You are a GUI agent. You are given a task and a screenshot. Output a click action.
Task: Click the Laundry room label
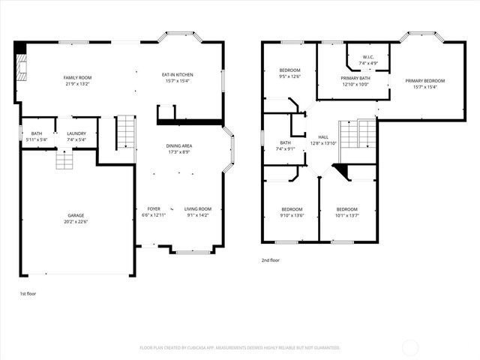[x=76, y=133]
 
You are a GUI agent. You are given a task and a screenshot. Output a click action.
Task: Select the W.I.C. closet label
[x=368, y=57]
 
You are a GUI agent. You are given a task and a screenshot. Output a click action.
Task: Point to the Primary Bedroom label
[x=424, y=81]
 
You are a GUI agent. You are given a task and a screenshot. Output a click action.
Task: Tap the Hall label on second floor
[x=323, y=137]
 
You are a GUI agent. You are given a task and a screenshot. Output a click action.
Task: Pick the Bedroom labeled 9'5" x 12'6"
[x=289, y=70]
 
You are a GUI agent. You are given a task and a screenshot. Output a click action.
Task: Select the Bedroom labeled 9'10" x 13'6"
[x=292, y=209]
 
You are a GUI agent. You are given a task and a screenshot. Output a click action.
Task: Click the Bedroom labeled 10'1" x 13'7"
[x=346, y=209]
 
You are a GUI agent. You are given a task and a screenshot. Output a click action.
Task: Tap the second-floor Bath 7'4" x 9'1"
[x=285, y=142]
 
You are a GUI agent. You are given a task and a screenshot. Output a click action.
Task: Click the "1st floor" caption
[x=27, y=294]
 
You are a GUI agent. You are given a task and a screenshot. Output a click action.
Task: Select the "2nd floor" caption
[x=271, y=260]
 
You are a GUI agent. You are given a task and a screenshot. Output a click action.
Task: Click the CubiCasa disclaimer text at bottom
[x=240, y=348]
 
